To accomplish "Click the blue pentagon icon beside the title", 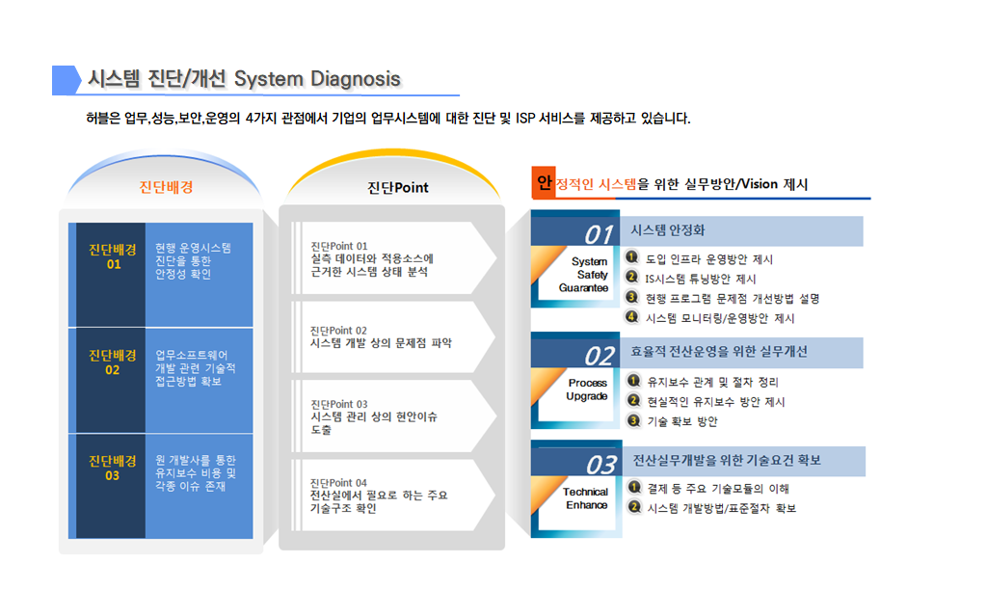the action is tap(67, 80).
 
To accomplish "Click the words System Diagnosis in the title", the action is tap(317, 79).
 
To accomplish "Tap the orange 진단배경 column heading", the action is tap(166, 187).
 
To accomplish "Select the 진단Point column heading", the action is tap(398, 188).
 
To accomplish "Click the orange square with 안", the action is tap(544, 182).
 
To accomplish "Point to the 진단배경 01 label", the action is tap(113, 256).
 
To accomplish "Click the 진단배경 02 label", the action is tap(113, 362).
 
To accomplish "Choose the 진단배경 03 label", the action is tap(113, 469).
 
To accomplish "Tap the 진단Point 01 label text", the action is tap(338, 246).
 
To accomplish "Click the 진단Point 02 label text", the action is tap(338, 330).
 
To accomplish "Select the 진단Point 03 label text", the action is tap(338, 404).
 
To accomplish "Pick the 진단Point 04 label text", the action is tap(338, 482).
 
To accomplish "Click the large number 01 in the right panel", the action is tap(599, 235).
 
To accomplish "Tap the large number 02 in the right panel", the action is tap(600, 357).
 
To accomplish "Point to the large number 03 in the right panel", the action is tap(601, 465).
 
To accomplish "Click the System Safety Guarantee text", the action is tap(583, 275).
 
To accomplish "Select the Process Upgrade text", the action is tap(587, 389).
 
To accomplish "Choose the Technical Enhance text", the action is tap(585, 498).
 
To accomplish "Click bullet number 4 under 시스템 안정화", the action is tap(632, 317).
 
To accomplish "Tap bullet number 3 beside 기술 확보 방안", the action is tap(634, 420).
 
